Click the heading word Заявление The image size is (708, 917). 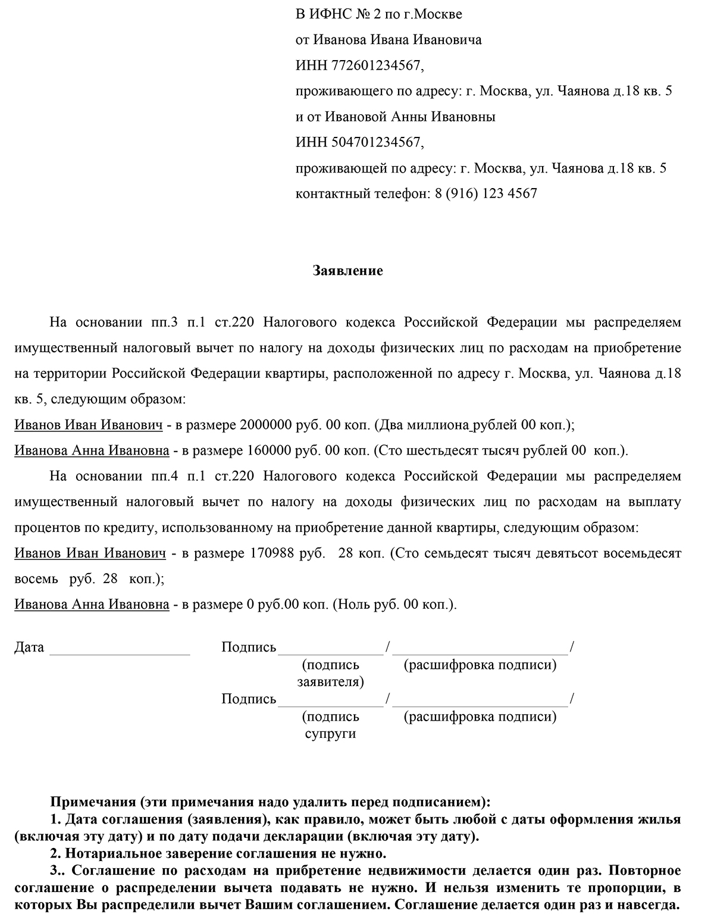click(x=347, y=271)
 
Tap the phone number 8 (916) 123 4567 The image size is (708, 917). click(x=482, y=193)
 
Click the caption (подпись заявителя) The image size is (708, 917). click(x=330, y=673)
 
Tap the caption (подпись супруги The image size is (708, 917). click(x=330, y=725)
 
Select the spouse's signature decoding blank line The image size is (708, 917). click(x=480, y=702)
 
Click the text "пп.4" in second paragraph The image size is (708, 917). click(x=161, y=476)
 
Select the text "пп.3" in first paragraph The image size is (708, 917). click(x=161, y=323)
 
